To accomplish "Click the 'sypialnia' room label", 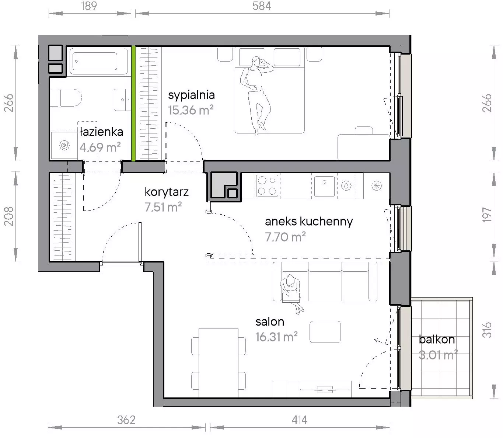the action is (191, 95).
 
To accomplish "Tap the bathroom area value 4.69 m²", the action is (100, 147).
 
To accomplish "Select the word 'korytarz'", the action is (167, 192).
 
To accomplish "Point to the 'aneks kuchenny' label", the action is (309, 222).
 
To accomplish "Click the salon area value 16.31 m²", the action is (277, 337).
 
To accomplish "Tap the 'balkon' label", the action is (437, 340).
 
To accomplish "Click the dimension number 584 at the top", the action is (262, 6).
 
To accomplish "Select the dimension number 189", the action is (89, 6).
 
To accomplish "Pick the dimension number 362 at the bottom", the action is (126, 420).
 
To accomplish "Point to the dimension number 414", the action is (300, 420).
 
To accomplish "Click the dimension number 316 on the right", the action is (487, 330).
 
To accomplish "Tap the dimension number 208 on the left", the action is (9, 216).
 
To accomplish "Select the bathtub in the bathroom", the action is (99, 61).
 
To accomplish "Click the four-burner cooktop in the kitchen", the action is (267, 186).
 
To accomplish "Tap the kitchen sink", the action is (324, 186).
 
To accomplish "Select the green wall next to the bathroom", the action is (133, 103).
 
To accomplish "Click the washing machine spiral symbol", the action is (64, 145).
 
